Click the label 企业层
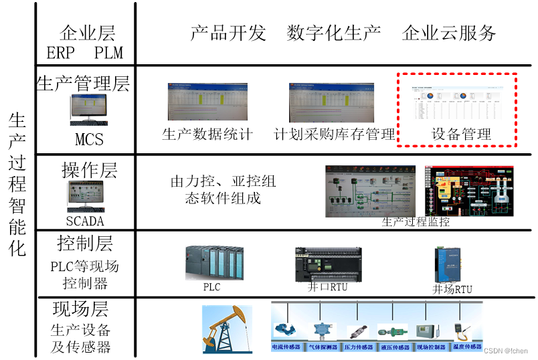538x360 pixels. (88, 33)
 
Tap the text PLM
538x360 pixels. (109, 54)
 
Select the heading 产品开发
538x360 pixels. (228, 33)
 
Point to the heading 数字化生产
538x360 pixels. (334, 33)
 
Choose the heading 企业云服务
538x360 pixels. (449, 33)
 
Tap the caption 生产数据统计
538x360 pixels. (207, 134)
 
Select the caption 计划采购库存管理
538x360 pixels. (335, 134)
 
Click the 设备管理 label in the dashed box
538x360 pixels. (461, 134)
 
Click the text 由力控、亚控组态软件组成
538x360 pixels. (223, 190)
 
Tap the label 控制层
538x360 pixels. (85, 243)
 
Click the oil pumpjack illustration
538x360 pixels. (228, 328)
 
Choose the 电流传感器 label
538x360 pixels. (286, 347)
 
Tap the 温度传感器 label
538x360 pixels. (467, 347)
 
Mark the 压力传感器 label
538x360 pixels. (359, 347)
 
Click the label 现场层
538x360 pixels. (80, 309)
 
